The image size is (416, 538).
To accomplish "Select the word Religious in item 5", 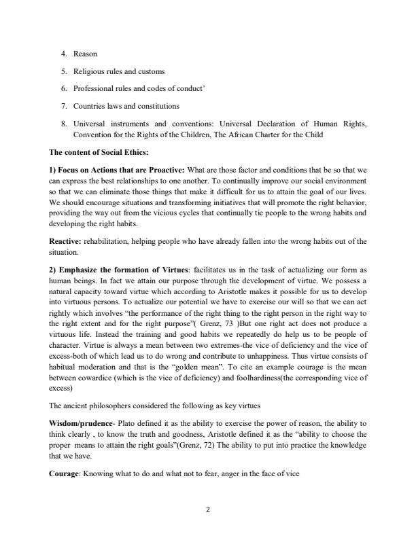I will point(94,71).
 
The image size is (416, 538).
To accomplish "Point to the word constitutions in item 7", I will point(156,106).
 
